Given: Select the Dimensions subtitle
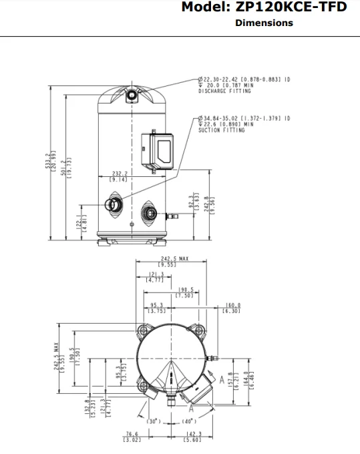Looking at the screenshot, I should [x=264, y=23].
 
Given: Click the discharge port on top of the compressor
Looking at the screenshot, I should [x=132, y=95].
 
